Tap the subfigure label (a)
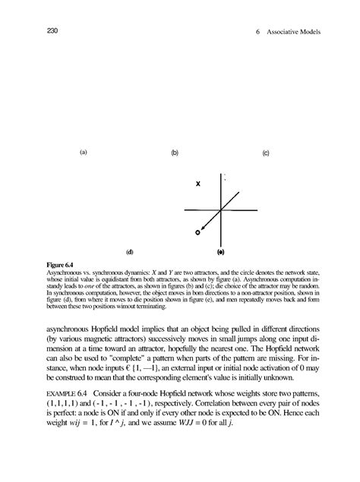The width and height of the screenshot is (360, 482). (x=83, y=151)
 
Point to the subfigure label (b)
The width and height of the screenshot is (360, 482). (x=175, y=153)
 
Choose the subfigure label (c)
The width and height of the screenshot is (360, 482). (x=267, y=153)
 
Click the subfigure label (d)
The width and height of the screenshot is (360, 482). (x=129, y=249)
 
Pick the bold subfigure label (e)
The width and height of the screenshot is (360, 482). (x=220, y=249)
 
